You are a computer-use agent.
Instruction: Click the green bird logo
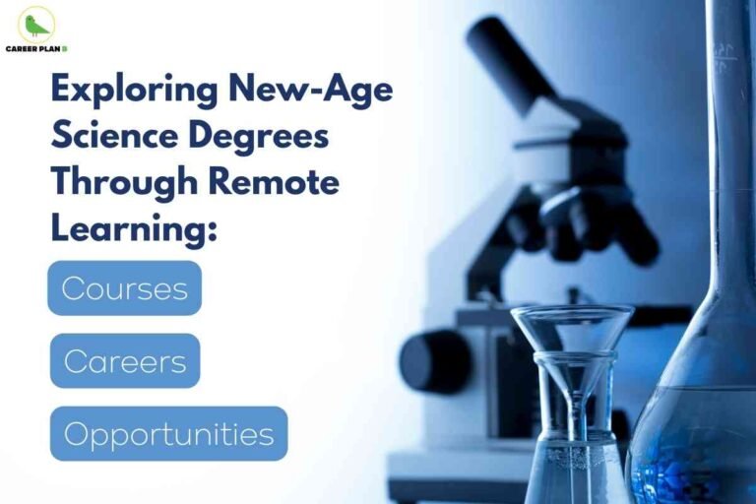pos(36,24)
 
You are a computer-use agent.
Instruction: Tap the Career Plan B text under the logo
pos(36,47)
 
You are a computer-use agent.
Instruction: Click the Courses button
pos(124,288)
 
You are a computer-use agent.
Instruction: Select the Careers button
pos(125,361)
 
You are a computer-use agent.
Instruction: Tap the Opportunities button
pos(168,434)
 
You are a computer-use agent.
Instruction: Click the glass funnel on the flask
pos(571,335)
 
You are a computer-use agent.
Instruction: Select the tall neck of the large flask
pos(729,148)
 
